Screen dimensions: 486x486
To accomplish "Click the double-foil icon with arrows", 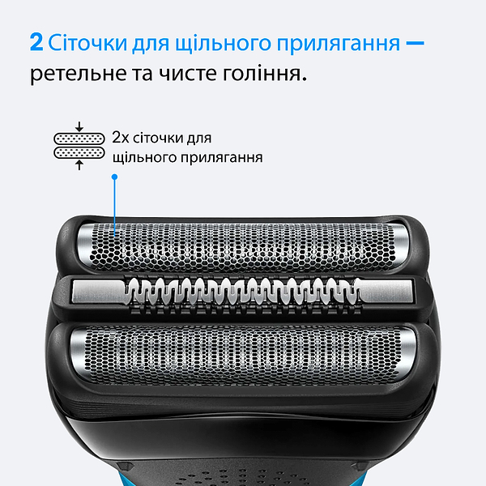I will (x=79, y=145).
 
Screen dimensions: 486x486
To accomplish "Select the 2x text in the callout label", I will (x=121, y=139).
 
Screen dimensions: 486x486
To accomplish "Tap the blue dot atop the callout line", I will (x=115, y=176).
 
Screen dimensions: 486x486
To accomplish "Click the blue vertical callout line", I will (x=115, y=202).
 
